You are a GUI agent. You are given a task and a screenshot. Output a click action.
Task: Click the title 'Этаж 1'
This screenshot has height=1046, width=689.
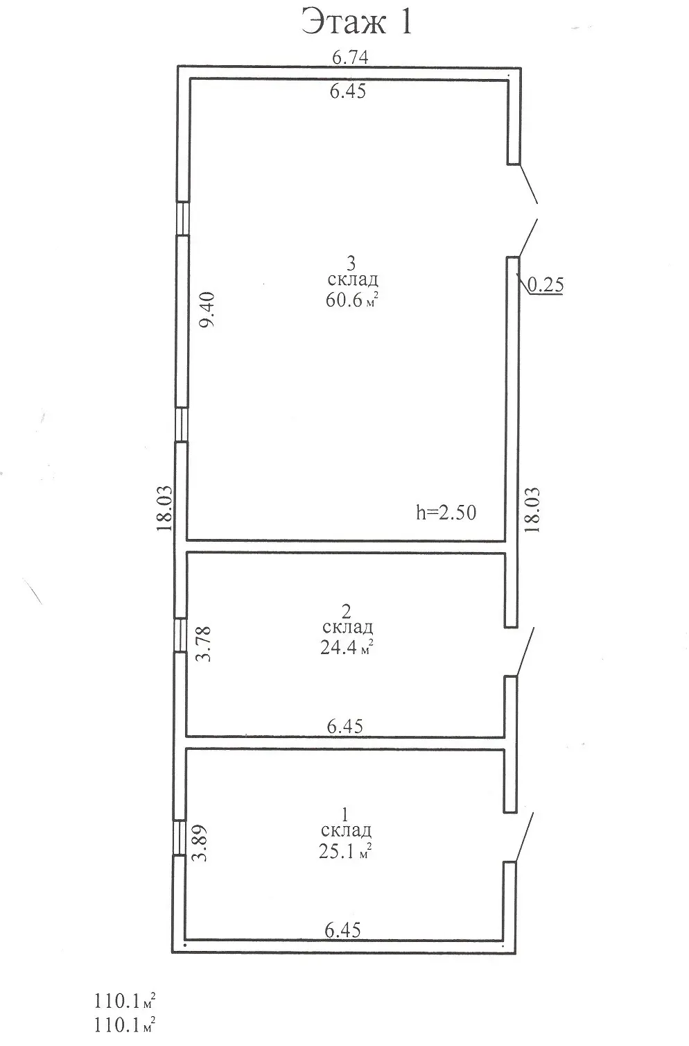[357, 22]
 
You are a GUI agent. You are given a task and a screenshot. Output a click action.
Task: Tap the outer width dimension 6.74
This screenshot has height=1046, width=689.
[350, 57]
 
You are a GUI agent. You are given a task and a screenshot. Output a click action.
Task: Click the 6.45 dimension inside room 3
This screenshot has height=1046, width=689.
[348, 91]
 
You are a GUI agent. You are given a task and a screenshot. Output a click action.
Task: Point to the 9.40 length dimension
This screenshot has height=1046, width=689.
[207, 309]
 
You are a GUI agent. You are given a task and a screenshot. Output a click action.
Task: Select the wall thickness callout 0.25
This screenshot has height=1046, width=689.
[546, 284]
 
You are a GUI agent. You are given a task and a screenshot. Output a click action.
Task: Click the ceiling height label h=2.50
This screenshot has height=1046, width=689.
[446, 513]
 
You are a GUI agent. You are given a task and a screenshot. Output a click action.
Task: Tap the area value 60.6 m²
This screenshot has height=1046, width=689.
[351, 300]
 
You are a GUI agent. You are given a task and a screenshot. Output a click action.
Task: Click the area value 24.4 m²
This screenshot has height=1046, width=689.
[347, 647]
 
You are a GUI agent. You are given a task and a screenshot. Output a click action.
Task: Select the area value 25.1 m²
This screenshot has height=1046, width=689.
[345, 851]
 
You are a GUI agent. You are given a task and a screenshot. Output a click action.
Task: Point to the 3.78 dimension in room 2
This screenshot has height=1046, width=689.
[204, 644]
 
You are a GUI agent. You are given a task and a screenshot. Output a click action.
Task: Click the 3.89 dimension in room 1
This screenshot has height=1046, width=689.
[200, 843]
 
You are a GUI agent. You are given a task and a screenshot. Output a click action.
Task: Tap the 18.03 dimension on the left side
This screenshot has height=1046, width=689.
[165, 508]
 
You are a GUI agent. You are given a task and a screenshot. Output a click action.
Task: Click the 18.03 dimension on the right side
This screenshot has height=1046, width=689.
[532, 510]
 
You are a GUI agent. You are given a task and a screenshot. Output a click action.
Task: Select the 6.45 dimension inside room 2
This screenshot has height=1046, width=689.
[345, 726]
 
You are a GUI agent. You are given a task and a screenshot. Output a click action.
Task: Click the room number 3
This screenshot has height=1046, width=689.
[351, 264]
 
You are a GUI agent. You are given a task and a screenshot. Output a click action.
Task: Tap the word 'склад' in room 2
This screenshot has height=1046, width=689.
[347, 627]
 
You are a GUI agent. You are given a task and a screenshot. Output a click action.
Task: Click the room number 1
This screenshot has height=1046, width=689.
[345, 815]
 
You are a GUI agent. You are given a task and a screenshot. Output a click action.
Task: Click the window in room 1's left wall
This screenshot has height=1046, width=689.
[179, 838]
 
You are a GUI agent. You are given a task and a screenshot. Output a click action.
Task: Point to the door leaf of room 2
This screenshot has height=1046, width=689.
[525, 651]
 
